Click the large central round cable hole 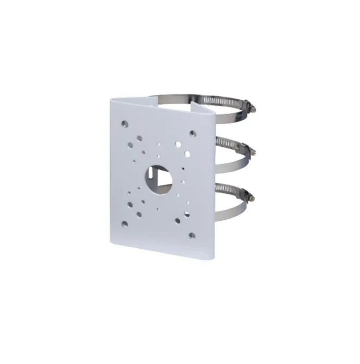click(x=158, y=175)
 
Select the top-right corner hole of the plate click(x=193, y=133)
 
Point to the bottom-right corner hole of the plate click(x=192, y=235)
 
